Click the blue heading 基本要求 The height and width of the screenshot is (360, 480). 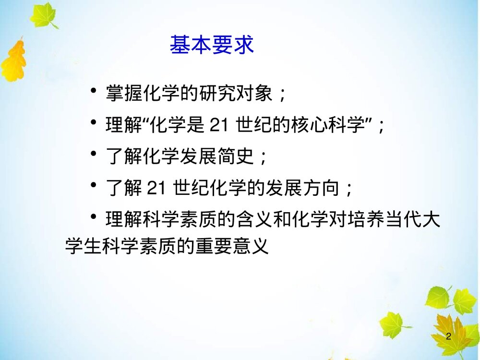click(x=212, y=46)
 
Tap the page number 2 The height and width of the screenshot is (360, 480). click(x=449, y=336)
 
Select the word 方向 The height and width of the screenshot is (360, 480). click(x=316, y=189)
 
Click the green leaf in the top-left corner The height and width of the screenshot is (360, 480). click(x=43, y=15)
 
